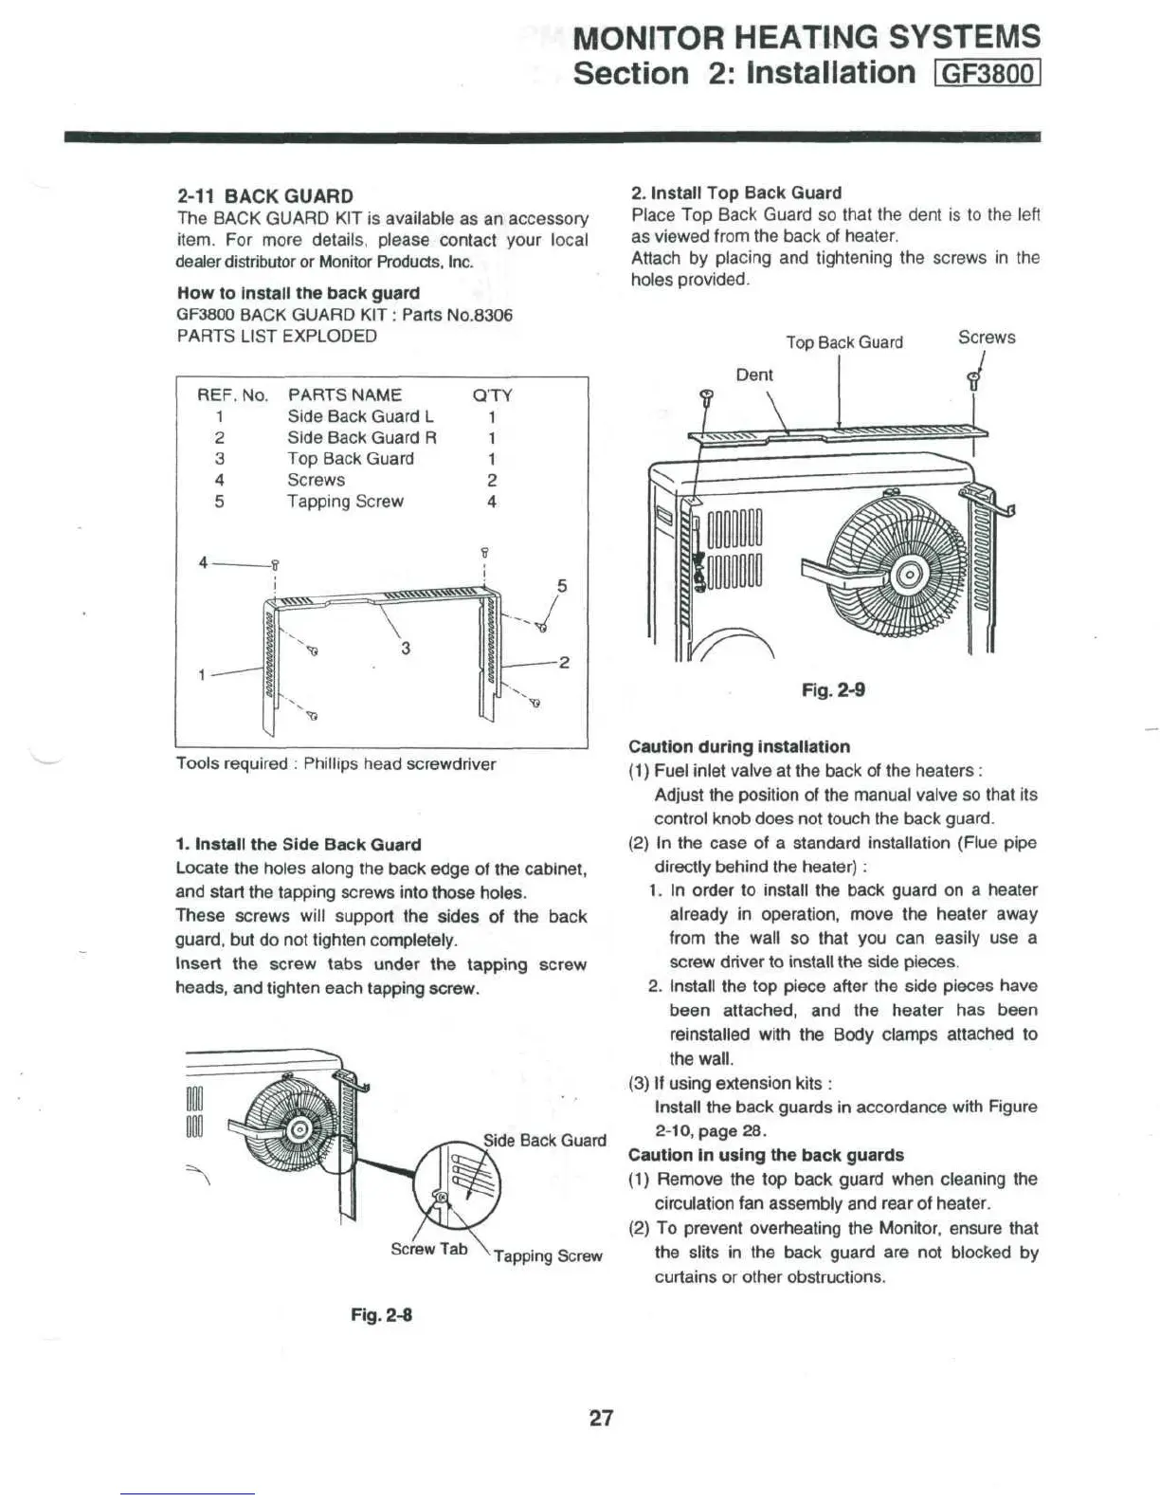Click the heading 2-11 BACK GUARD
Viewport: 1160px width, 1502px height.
[265, 196]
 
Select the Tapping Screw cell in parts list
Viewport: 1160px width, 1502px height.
[345, 502]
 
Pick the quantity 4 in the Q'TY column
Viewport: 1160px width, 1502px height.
[492, 502]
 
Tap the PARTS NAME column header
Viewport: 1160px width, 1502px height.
[345, 395]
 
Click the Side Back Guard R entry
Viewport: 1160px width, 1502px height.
[362, 438]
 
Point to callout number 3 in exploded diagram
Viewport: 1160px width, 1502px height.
[406, 649]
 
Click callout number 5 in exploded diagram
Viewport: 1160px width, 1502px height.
[562, 586]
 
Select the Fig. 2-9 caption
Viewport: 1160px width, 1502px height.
[833, 690]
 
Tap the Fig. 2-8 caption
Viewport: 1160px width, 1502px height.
[381, 1315]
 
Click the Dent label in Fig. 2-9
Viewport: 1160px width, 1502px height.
[754, 375]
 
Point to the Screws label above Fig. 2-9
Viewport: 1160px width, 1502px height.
[987, 338]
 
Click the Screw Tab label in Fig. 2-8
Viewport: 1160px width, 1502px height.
[429, 1250]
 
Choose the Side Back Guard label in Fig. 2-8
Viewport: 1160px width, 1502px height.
[545, 1140]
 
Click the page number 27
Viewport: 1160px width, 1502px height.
[602, 1419]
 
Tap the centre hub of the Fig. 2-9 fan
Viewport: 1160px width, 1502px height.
[907, 574]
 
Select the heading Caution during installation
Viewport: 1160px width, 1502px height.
[739, 747]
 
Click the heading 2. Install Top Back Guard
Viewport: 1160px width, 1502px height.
[736, 193]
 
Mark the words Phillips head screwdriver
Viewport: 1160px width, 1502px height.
[400, 764]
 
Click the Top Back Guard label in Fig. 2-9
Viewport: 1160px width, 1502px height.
[844, 342]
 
